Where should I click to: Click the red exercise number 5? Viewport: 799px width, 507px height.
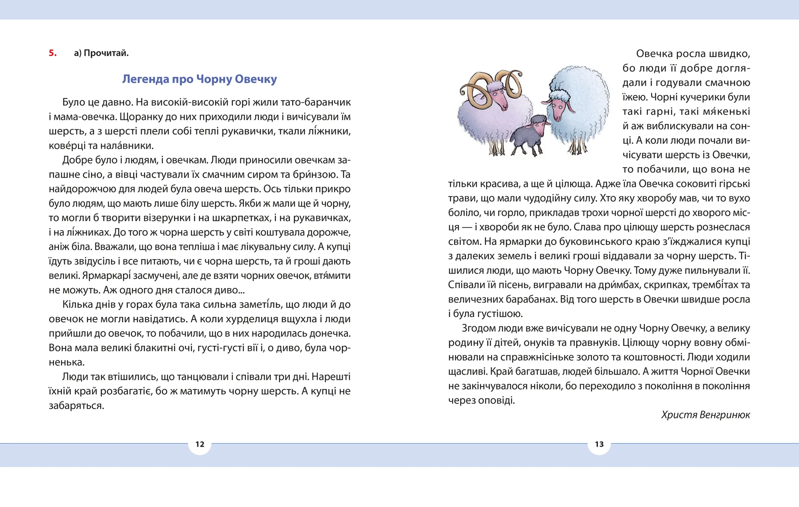tap(52, 53)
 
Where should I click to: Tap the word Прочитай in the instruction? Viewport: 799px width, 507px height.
tap(106, 53)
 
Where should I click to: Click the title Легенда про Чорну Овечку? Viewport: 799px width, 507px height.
tap(199, 79)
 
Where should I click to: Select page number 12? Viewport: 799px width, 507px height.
tap(200, 444)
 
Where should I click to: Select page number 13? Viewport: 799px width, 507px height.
tap(599, 444)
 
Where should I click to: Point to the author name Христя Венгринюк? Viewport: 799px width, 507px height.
tap(705, 415)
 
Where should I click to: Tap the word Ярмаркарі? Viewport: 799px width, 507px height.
tap(106, 276)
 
